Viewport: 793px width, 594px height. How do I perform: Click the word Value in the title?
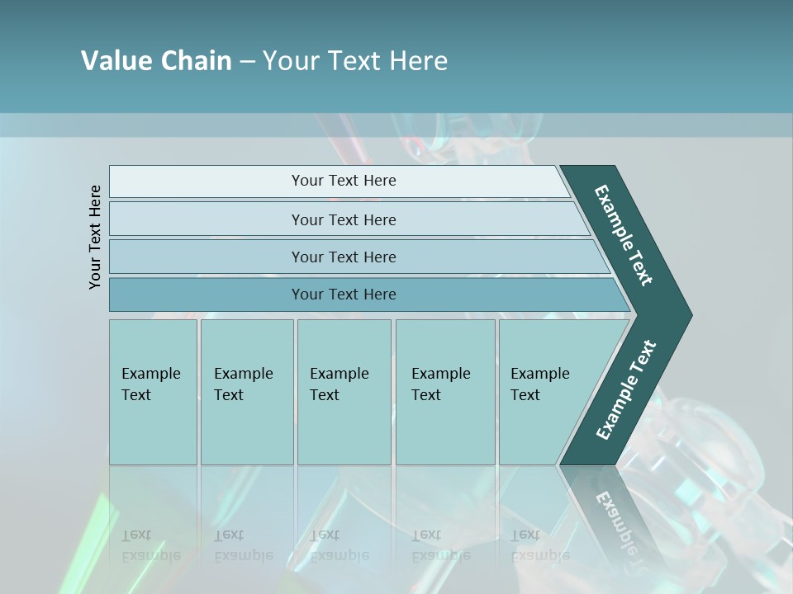coord(114,61)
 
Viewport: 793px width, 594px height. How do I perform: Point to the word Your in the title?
coord(289,61)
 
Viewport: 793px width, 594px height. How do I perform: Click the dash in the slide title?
coord(247,62)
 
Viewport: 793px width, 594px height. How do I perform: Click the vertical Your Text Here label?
coord(95,237)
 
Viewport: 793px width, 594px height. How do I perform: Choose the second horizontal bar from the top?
coord(343,219)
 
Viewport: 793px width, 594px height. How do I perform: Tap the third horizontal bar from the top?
coord(343,257)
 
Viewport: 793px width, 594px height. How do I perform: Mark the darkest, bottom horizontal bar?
coord(343,295)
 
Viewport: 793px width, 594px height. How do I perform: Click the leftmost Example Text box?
coord(153,391)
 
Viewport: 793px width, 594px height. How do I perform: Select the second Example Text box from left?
coord(246,391)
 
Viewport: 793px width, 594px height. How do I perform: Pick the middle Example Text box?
coord(343,391)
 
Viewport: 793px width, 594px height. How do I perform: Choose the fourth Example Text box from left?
coord(444,391)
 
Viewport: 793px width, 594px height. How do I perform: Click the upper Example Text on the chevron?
coord(624,235)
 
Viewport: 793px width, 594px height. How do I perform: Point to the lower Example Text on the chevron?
coord(625,390)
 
